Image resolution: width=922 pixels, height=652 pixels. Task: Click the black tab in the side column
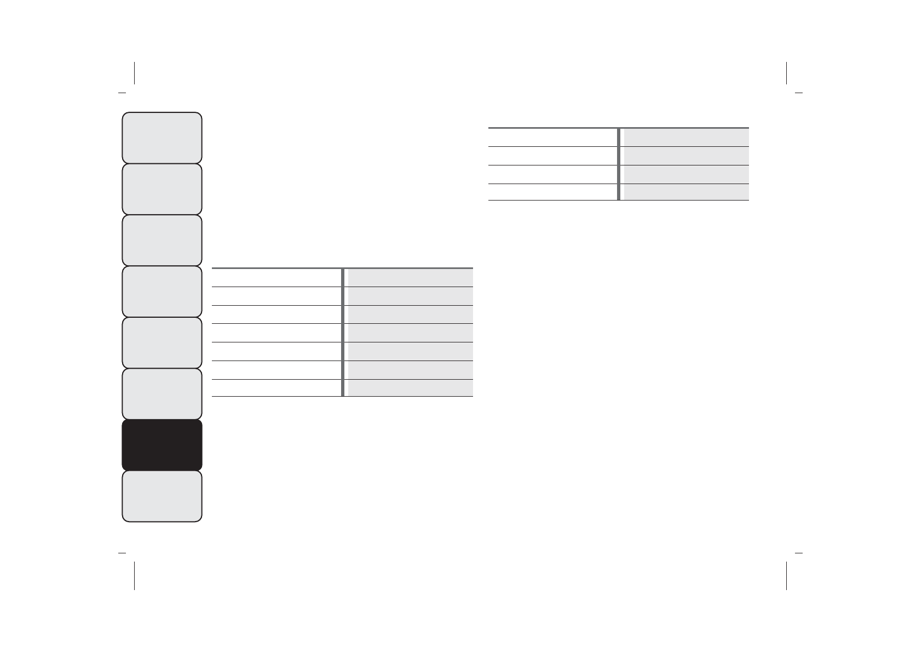click(162, 445)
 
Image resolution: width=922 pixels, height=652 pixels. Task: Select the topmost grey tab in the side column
click(162, 138)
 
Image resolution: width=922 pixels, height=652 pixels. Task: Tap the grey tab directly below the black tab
click(162, 496)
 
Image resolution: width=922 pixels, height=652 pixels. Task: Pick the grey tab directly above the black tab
click(162, 394)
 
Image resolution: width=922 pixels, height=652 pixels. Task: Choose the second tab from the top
click(162, 189)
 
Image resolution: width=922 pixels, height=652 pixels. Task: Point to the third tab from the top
click(162, 240)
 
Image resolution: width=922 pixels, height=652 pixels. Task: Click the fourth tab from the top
click(162, 291)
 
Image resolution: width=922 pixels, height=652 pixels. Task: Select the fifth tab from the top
click(162, 342)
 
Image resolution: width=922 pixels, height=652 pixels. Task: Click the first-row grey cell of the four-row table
click(686, 138)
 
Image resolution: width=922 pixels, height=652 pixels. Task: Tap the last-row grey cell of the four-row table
click(686, 192)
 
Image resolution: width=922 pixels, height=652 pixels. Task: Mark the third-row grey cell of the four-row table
click(686, 174)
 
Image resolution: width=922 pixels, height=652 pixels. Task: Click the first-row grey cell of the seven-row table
click(410, 277)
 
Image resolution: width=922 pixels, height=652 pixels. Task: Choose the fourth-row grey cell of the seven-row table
click(410, 333)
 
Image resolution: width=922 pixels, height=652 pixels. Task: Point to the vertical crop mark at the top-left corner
click(134, 73)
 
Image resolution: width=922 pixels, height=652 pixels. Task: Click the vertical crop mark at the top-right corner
click(786, 73)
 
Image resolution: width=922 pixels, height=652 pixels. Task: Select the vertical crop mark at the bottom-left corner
click(134, 575)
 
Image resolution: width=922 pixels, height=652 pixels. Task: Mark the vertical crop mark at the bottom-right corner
click(786, 575)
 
